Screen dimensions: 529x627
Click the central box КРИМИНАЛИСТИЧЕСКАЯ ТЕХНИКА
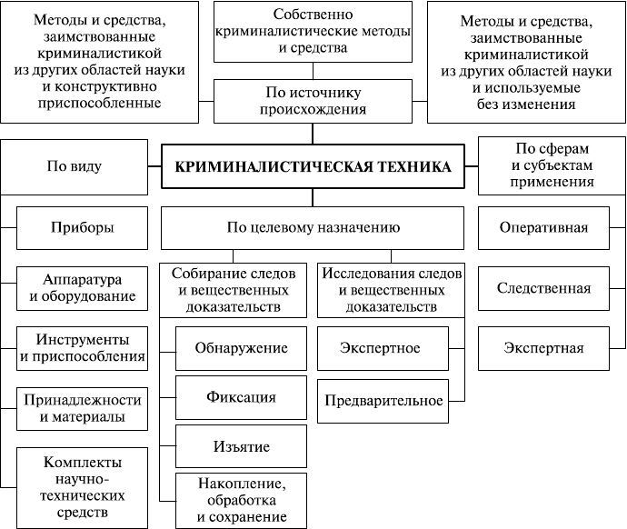312,166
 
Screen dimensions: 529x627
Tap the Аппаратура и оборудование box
81,287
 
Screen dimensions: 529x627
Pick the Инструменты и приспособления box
81,347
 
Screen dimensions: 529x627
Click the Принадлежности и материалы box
81,408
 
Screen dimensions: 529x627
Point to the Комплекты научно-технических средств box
81,486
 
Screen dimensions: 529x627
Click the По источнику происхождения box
312,100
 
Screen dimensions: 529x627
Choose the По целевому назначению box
312,227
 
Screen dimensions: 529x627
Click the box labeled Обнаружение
242,348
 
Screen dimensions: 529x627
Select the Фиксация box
242,397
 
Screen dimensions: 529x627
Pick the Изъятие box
242,446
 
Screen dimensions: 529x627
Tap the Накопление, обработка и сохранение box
242,499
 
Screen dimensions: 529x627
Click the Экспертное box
380,348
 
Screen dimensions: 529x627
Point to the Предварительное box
380,399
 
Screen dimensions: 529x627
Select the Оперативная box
543,227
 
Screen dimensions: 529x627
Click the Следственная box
543,288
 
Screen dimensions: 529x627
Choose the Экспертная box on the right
543,347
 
